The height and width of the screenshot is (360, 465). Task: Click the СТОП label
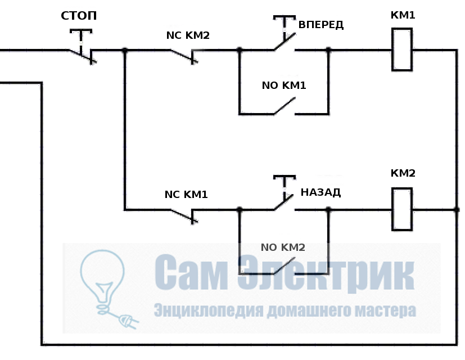click(x=79, y=16)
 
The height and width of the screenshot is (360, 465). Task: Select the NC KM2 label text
click(x=188, y=35)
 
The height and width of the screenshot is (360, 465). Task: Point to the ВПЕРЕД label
click(x=321, y=25)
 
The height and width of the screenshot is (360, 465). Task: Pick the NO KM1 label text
click(x=284, y=86)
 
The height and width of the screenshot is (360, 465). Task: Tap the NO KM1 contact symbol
click(x=285, y=107)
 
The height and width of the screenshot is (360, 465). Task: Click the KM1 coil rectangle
click(x=402, y=51)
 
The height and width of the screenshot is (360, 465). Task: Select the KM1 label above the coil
click(x=403, y=15)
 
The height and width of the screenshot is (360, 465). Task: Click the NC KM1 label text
click(x=186, y=195)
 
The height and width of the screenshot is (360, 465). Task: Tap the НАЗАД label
click(x=320, y=192)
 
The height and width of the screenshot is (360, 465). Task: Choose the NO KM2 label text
click(x=283, y=247)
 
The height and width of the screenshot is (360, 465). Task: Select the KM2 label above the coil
click(x=403, y=173)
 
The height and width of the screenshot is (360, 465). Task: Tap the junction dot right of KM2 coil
click(x=455, y=210)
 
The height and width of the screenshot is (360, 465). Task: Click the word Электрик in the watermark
click(x=326, y=273)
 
